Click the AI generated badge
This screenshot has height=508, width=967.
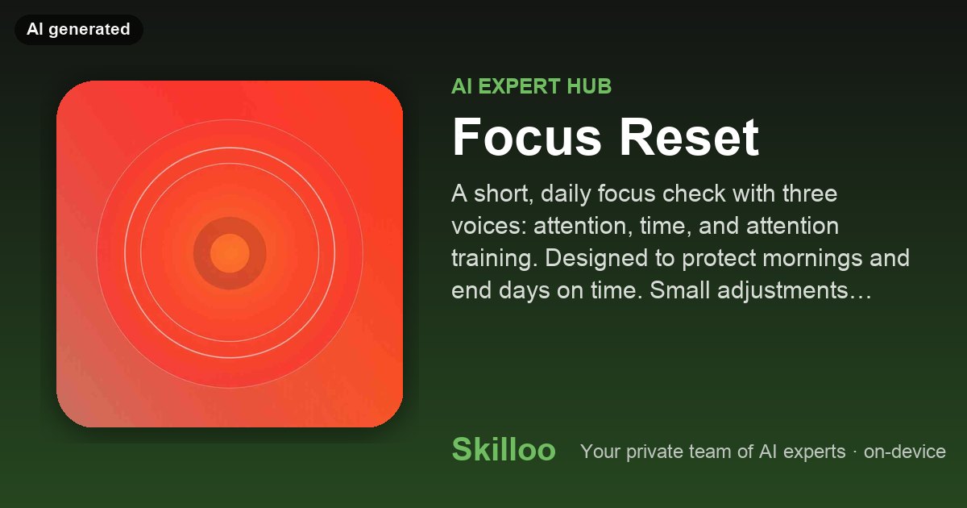(79, 29)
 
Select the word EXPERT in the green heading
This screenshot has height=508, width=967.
(519, 86)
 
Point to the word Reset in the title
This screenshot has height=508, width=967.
(690, 137)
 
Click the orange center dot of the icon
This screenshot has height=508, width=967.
(230, 253)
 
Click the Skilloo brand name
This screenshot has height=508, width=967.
(504, 450)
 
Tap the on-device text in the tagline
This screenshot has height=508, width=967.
(905, 452)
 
